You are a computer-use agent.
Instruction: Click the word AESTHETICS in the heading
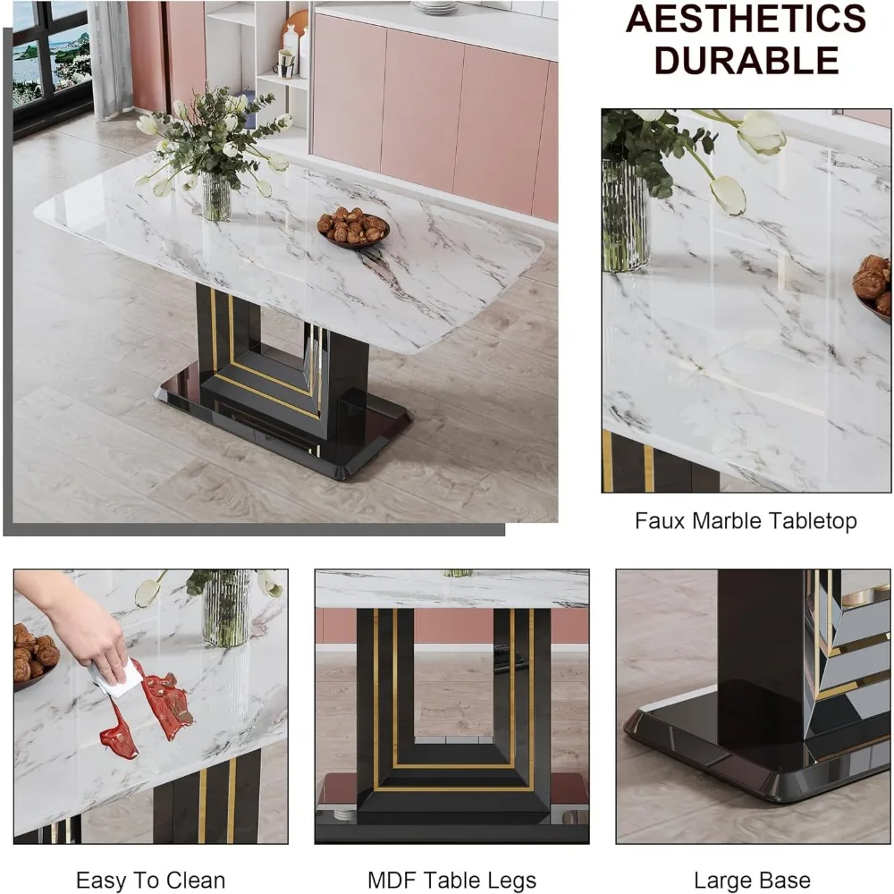coord(746,19)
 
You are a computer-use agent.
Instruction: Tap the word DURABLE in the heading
coord(746,60)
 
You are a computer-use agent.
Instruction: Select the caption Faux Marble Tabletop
coord(746,521)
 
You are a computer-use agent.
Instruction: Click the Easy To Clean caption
coord(150,881)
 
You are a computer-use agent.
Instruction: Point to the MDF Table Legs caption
coord(451,881)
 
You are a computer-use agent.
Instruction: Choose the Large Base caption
coord(753,881)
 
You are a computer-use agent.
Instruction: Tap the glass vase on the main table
coord(216,196)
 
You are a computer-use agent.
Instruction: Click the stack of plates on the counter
coord(435,7)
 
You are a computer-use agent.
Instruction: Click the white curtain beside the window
coord(111,60)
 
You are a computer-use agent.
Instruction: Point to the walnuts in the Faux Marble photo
coord(873,284)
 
